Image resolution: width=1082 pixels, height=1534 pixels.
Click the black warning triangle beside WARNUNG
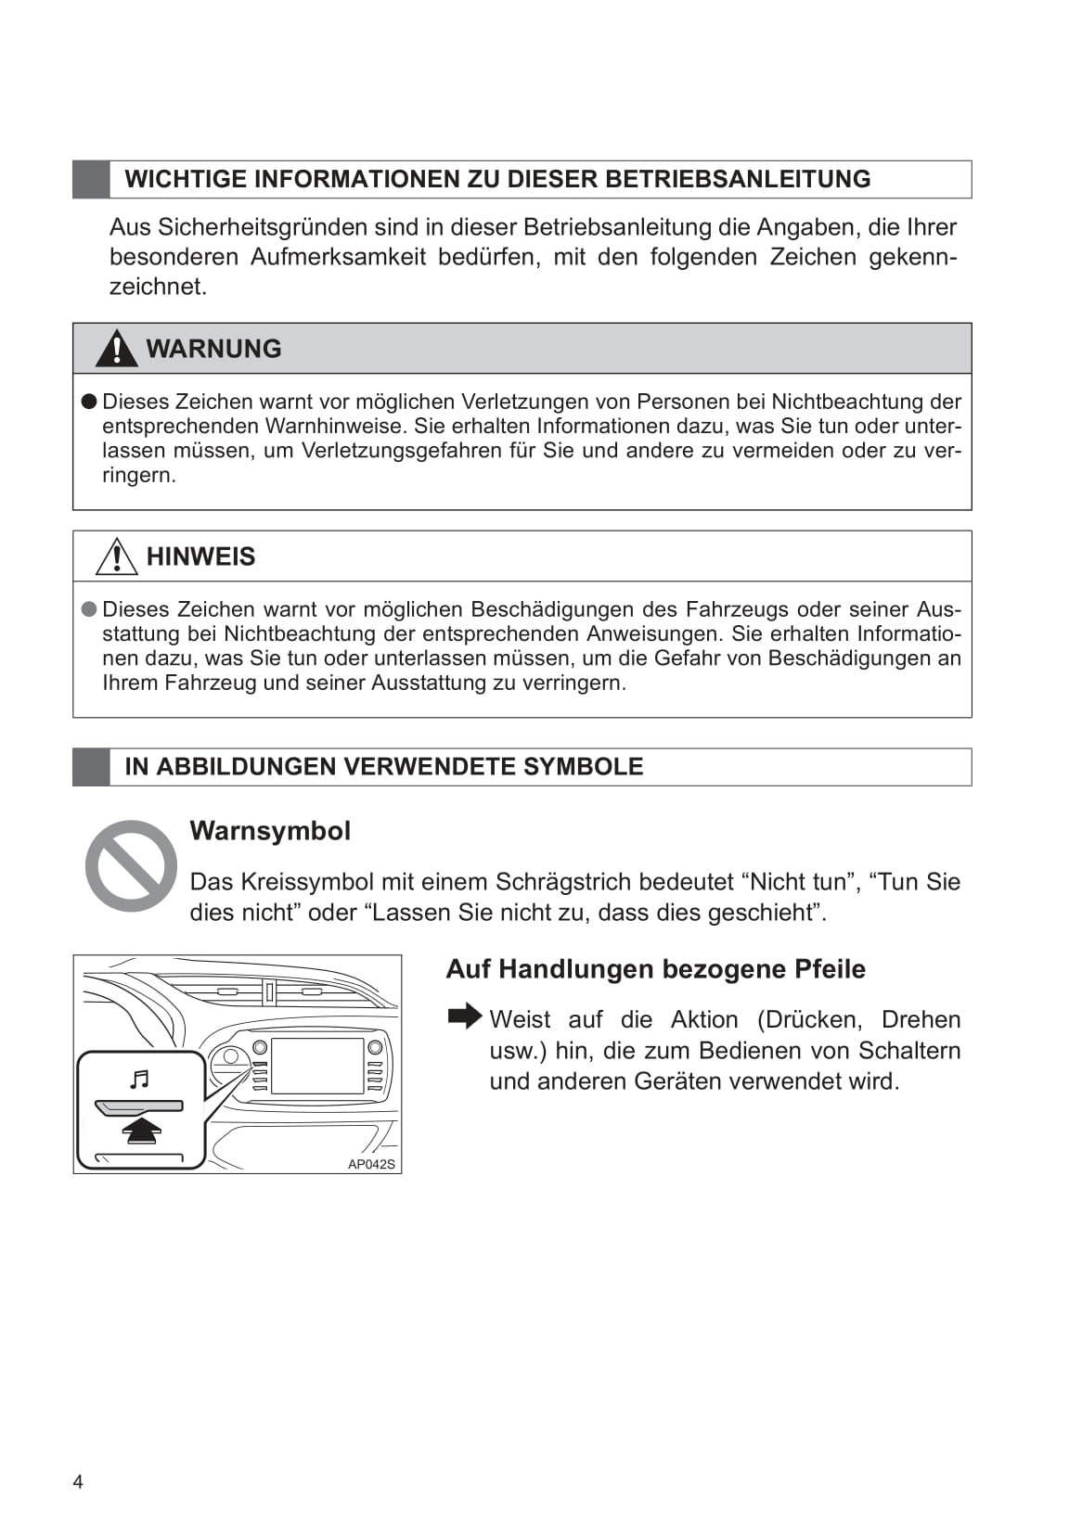tap(116, 349)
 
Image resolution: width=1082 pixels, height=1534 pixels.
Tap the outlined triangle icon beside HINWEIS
tap(116, 556)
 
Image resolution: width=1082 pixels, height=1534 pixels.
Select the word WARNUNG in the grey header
tap(213, 349)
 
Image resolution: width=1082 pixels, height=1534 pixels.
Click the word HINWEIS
tap(200, 556)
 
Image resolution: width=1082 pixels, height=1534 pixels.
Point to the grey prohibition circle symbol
tap(131, 865)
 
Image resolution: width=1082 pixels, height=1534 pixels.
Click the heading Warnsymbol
tap(270, 831)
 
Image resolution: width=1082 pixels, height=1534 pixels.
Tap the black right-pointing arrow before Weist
tap(464, 1016)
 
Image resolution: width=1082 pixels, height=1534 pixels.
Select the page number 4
tap(78, 1481)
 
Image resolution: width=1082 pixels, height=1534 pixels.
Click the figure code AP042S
tap(371, 1164)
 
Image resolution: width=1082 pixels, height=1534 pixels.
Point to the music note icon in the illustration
tap(139, 1079)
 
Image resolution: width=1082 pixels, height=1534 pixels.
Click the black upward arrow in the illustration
tap(141, 1131)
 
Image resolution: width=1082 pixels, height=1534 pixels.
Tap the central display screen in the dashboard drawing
tap(317, 1066)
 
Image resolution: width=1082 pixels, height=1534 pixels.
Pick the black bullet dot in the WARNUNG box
tap(89, 402)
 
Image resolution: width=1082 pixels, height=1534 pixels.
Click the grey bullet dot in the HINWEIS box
tap(89, 609)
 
